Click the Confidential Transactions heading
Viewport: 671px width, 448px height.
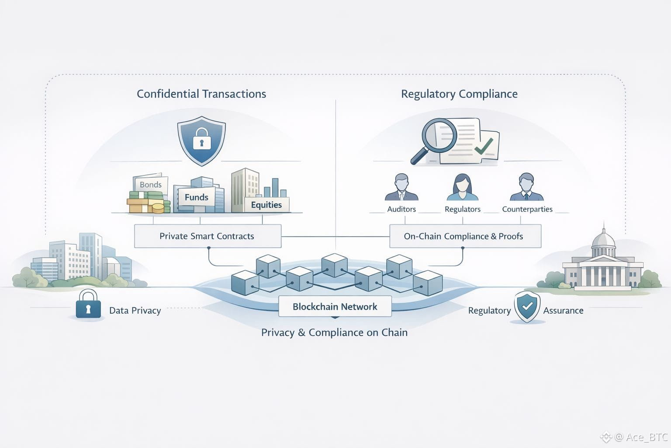[x=201, y=94]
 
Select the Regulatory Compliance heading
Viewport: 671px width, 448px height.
[x=459, y=94]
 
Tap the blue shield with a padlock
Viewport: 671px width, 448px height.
[x=201, y=140]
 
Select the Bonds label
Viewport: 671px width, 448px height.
[x=151, y=185]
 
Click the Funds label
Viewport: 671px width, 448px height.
[x=197, y=197]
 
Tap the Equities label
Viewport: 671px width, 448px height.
[x=266, y=205]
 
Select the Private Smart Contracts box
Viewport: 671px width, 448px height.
[x=207, y=236]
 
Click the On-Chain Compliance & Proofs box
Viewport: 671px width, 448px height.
[x=464, y=236]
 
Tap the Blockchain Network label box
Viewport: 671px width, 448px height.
[x=335, y=307]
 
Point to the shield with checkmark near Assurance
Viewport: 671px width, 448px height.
[x=527, y=307]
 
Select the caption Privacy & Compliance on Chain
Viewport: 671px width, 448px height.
[x=334, y=332]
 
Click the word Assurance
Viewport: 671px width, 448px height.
[x=563, y=311]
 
